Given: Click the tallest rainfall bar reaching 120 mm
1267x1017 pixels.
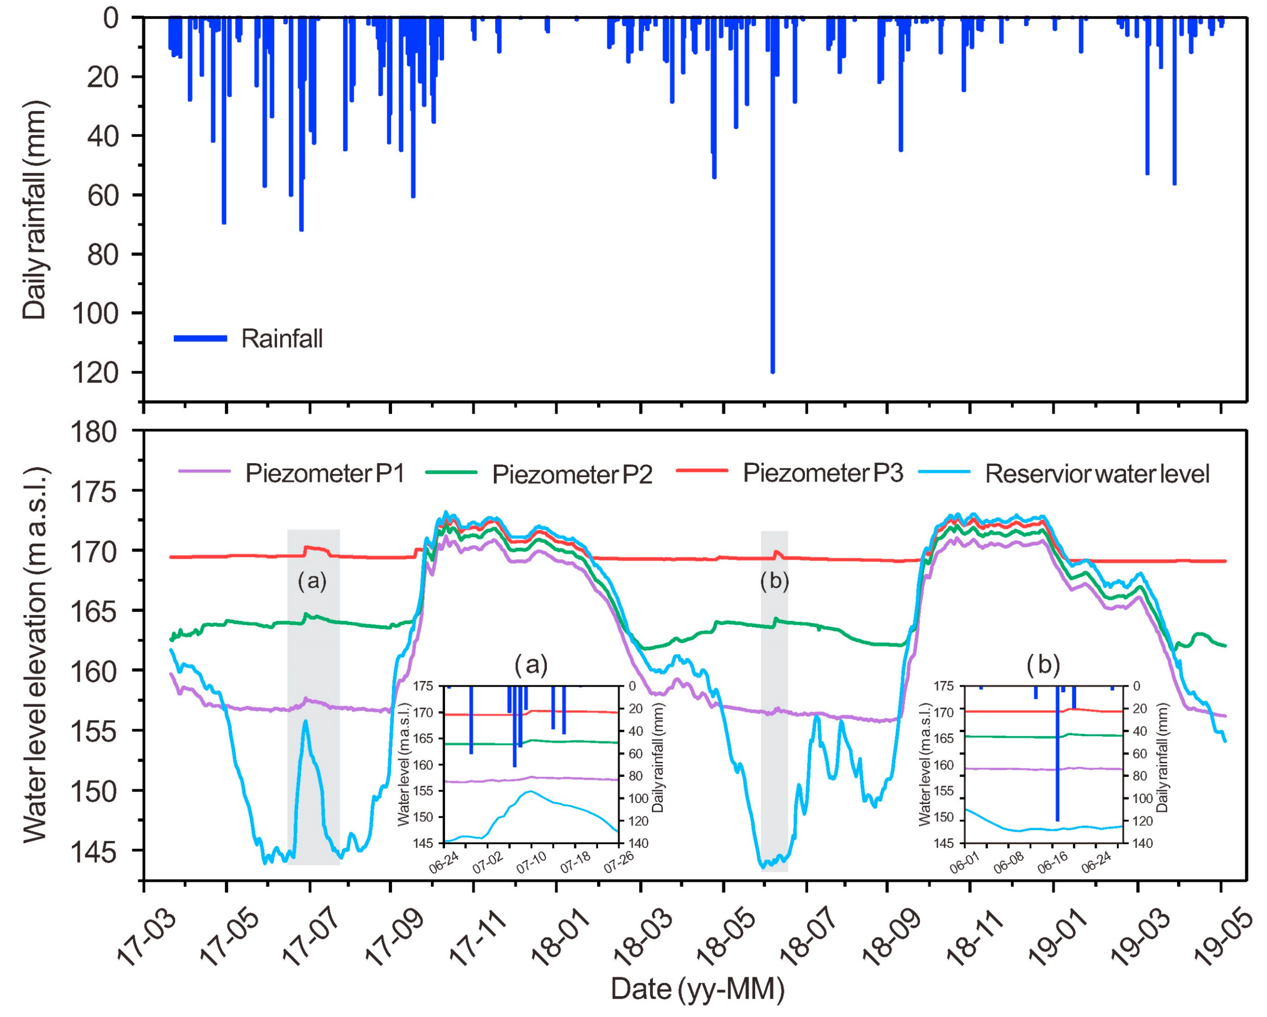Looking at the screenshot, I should tap(772, 235).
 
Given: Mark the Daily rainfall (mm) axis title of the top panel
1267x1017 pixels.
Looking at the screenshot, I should tap(35, 210).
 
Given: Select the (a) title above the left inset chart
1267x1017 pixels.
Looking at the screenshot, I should tap(531, 665).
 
